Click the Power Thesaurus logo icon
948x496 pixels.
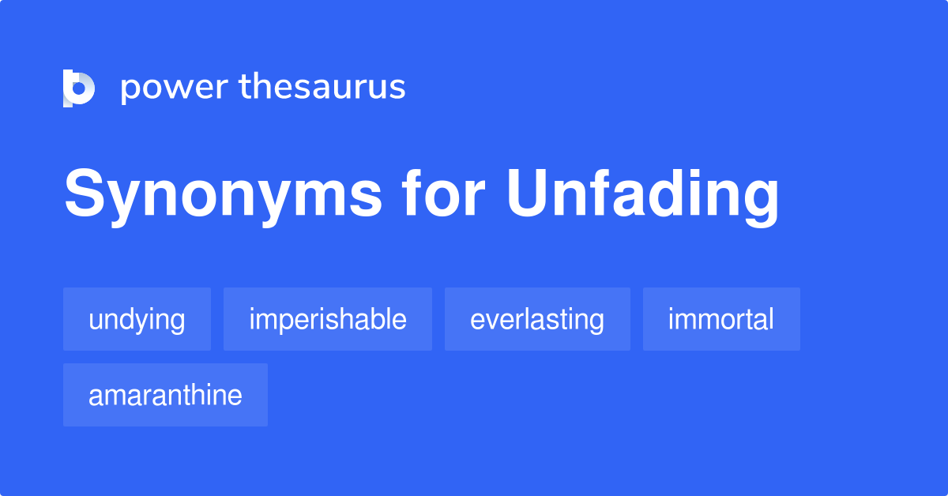coord(79,88)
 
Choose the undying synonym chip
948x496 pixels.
coord(137,319)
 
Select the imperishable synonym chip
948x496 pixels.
coord(328,319)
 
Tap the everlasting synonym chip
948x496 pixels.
coord(537,319)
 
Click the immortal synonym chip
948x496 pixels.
coord(721,319)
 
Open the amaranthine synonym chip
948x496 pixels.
coord(165,395)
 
